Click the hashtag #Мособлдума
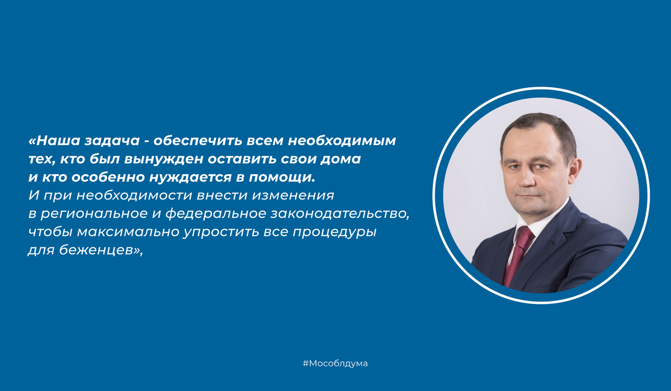(335, 364)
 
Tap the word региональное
(92, 215)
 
